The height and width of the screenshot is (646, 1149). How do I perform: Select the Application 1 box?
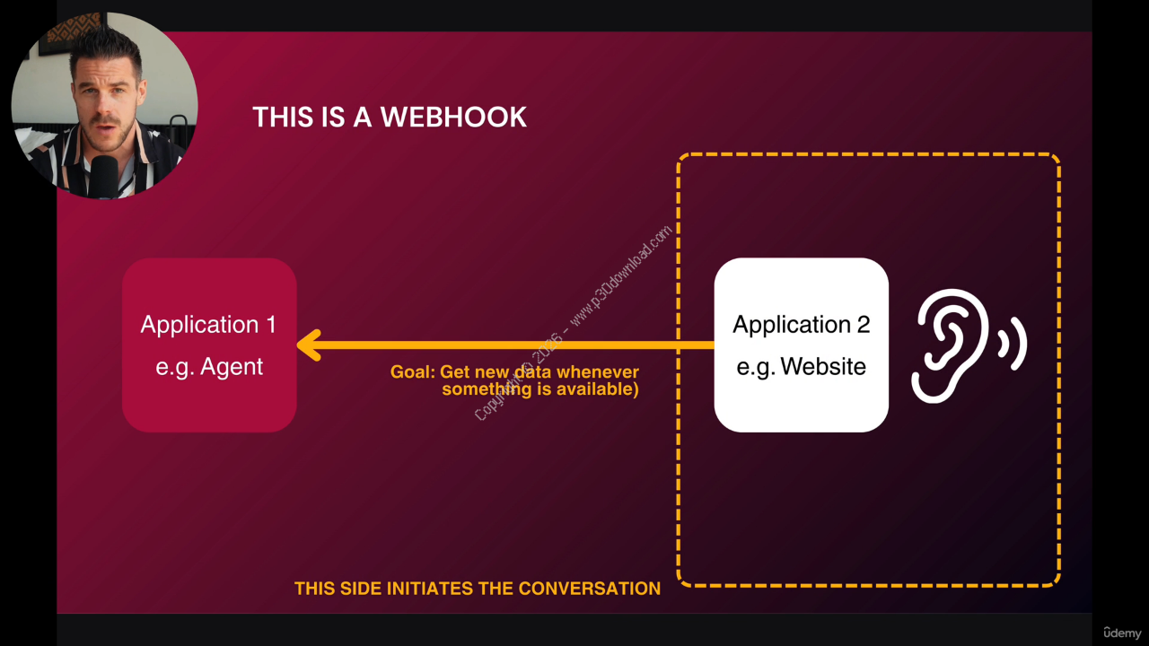[209, 345]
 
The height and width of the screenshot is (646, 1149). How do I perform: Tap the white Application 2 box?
[801, 345]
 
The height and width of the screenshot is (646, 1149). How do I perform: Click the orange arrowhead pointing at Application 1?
[309, 345]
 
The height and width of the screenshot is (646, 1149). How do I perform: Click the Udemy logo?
[1122, 632]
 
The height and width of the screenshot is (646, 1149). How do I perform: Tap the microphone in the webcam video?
[104, 176]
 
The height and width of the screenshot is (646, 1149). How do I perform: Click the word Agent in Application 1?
[232, 367]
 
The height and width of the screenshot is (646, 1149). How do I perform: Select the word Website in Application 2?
[823, 367]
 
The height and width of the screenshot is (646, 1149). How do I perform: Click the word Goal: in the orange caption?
[412, 372]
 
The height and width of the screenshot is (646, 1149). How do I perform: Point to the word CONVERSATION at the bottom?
[589, 589]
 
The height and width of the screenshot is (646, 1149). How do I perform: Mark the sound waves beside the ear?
[1016, 344]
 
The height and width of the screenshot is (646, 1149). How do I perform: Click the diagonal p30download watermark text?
[619, 278]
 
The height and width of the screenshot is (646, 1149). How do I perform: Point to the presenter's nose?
[105, 112]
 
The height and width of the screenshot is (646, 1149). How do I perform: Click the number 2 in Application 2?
[863, 325]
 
